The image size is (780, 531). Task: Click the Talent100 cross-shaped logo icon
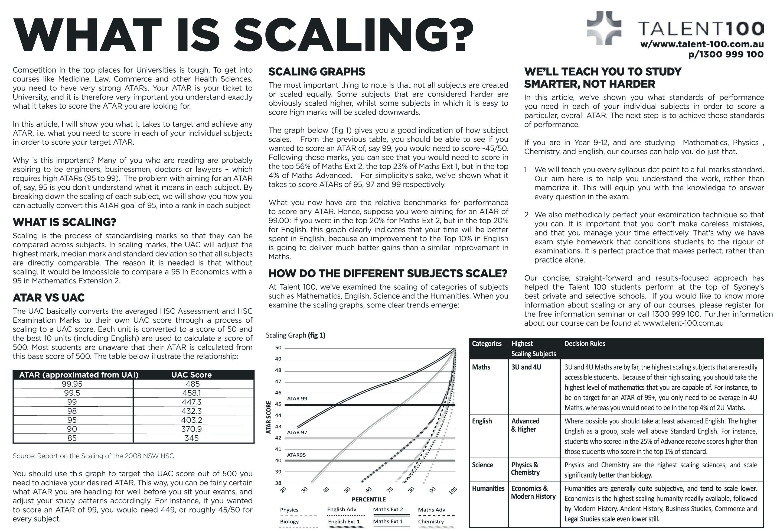(x=604, y=28)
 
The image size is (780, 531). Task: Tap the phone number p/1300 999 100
(x=726, y=54)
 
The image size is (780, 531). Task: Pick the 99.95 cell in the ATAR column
(x=72, y=384)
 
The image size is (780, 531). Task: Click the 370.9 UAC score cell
(x=191, y=429)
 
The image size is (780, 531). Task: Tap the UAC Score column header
(x=191, y=375)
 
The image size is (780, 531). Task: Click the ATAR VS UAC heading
(x=49, y=297)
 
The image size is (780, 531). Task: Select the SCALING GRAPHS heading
(x=316, y=72)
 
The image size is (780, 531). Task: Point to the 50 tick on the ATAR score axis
(x=278, y=348)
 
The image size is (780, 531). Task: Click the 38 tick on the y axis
(x=278, y=483)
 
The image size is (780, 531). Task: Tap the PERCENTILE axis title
(x=368, y=499)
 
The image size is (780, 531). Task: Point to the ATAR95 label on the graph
(x=296, y=455)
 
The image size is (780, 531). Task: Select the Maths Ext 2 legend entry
(x=388, y=510)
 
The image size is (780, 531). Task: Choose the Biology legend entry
(x=289, y=522)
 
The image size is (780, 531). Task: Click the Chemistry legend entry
(x=431, y=522)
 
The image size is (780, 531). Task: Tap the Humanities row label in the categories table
(x=488, y=488)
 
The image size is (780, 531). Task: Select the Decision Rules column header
(x=585, y=344)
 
